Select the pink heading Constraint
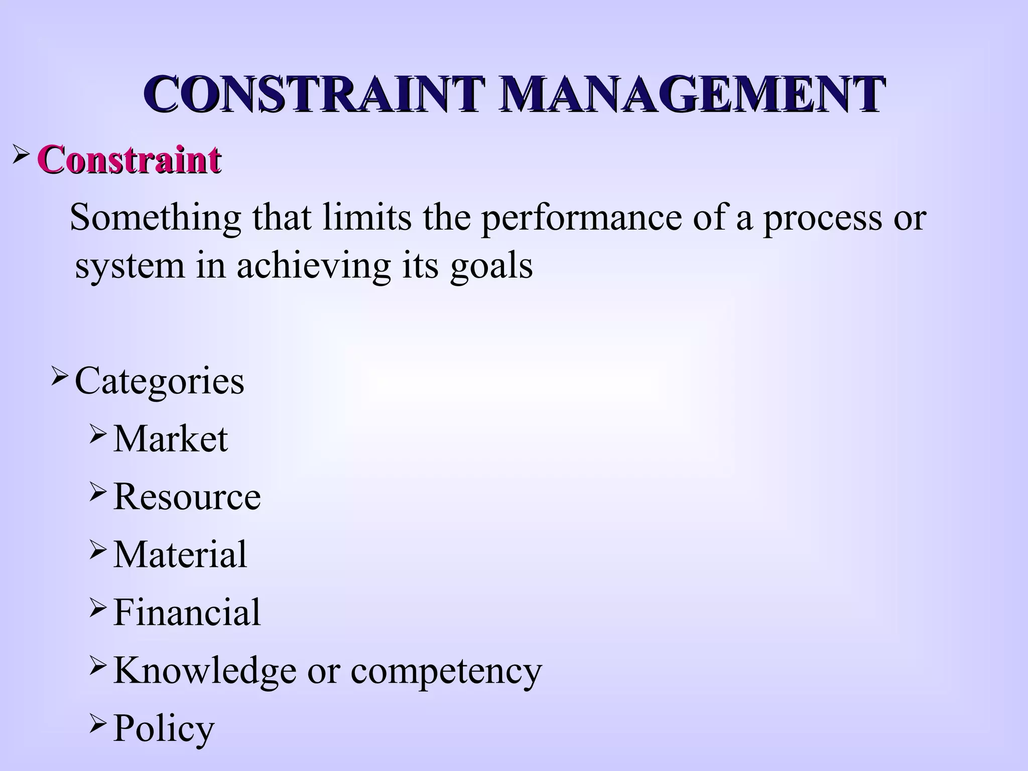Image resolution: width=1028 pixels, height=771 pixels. click(x=130, y=160)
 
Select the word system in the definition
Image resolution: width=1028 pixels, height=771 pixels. click(x=130, y=266)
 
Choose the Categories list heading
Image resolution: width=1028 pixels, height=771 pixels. click(x=159, y=381)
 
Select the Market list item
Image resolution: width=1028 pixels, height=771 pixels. click(x=171, y=439)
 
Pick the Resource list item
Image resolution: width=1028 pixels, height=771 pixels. click(x=187, y=496)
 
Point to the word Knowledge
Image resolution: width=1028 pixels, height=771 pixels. click(x=205, y=670)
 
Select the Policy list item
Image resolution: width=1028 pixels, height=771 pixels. click(x=164, y=729)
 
